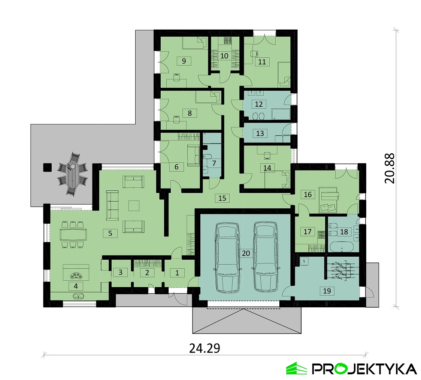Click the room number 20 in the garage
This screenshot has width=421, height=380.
pos(246,253)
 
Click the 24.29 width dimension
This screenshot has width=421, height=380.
pos(205,349)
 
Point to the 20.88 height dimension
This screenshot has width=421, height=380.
pos(390,168)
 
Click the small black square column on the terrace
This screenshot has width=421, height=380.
pos(48,167)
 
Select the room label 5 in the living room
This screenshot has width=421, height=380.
pos(110,233)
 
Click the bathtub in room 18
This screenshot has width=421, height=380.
pos(340,247)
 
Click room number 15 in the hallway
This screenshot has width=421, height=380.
pos(222,198)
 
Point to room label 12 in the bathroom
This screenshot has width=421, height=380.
pos(259,104)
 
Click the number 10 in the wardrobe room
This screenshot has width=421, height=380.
pos(224,56)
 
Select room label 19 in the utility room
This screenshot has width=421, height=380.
pos(327,290)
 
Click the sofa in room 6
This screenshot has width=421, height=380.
pos(193,156)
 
